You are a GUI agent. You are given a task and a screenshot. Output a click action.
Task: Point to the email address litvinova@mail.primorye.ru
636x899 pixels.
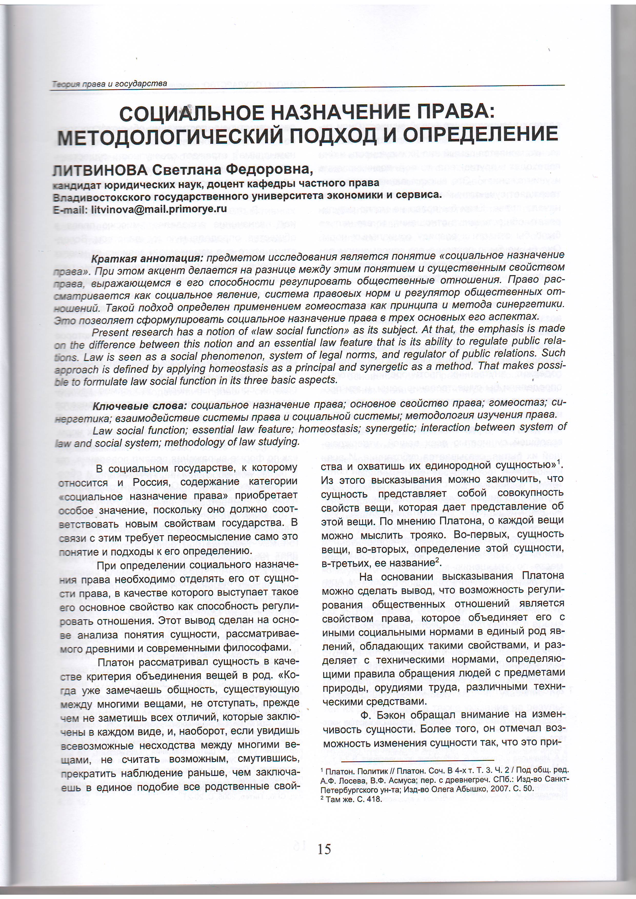[x=158, y=209]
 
